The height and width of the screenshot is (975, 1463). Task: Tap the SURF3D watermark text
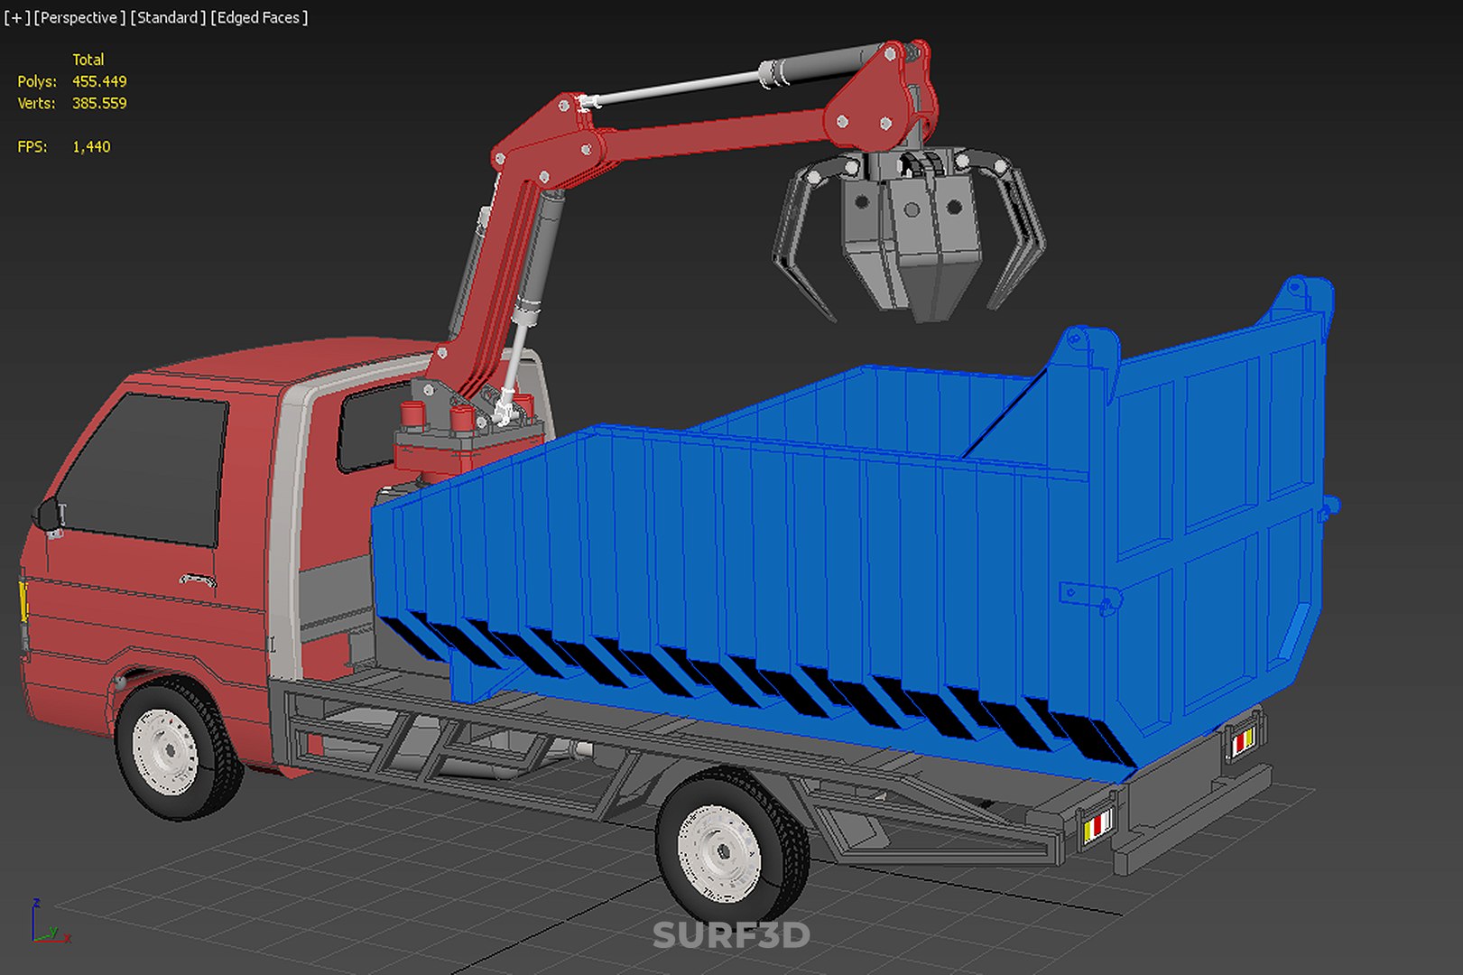(731, 935)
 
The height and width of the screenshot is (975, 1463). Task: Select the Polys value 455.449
(99, 81)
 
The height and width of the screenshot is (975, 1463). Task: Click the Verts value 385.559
(99, 103)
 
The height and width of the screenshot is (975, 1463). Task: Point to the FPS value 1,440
(91, 147)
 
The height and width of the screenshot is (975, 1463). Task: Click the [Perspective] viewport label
(79, 18)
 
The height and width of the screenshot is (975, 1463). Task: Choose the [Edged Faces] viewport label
(259, 18)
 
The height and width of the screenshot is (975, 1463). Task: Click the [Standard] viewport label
(168, 18)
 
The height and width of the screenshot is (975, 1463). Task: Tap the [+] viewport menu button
(17, 18)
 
